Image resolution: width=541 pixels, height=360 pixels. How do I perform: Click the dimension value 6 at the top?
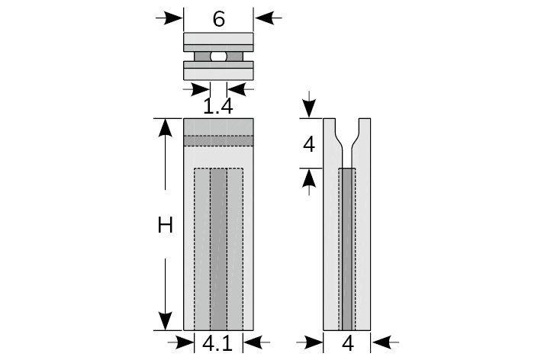point(218,18)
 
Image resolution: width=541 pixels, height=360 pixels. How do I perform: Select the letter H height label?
point(166,225)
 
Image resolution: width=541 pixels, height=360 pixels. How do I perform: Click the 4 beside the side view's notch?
point(308,143)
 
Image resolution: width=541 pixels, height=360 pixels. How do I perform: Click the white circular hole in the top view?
point(218,56)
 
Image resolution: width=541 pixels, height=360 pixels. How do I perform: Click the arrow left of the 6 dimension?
point(169,17)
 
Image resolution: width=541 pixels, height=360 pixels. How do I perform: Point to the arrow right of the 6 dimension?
point(268,17)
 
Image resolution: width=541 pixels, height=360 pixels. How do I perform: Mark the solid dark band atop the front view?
point(219,126)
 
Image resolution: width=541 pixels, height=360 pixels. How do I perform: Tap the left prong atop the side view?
point(330,133)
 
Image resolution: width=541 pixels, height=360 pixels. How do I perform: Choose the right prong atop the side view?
point(365,133)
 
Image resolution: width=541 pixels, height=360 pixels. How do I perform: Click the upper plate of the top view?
point(219,41)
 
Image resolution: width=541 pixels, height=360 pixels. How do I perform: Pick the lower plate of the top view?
point(219,70)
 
